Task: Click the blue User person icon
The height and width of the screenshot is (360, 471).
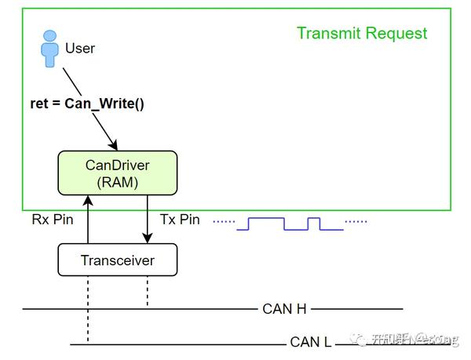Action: tap(50, 49)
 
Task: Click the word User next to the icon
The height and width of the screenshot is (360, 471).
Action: tap(80, 49)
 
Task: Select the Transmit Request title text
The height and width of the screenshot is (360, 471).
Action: tap(362, 33)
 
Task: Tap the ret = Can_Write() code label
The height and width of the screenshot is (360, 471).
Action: tap(87, 104)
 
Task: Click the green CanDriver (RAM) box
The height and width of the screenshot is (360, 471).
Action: tap(118, 173)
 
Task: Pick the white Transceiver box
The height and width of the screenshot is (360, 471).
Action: tap(118, 260)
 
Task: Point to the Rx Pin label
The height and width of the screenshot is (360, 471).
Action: tap(53, 220)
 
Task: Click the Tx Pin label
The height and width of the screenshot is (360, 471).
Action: tap(180, 220)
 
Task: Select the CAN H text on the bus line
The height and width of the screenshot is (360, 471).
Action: tap(284, 309)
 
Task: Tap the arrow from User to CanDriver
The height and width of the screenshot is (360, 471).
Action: tap(89, 110)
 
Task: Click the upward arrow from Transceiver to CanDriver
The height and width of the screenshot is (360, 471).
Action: tap(88, 220)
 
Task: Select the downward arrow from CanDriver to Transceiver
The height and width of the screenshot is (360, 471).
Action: tap(148, 220)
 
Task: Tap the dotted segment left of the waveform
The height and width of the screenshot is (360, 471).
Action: tap(224, 222)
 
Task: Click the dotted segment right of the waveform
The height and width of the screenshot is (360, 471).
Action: tap(356, 222)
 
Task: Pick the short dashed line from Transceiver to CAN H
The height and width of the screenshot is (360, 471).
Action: tap(148, 292)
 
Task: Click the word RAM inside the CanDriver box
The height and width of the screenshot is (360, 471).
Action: tap(118, 181)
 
